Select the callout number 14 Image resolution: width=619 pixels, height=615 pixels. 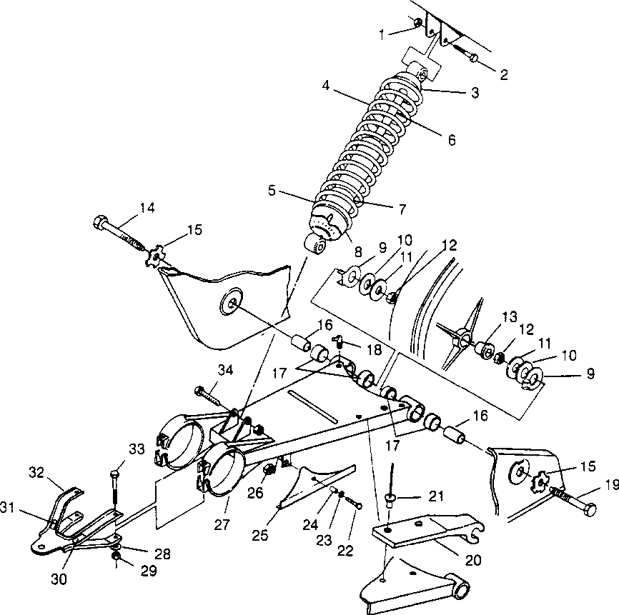click(147, 208)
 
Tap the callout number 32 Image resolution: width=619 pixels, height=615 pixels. click(36, 472)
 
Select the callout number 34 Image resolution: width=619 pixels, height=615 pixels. click(226, 369)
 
